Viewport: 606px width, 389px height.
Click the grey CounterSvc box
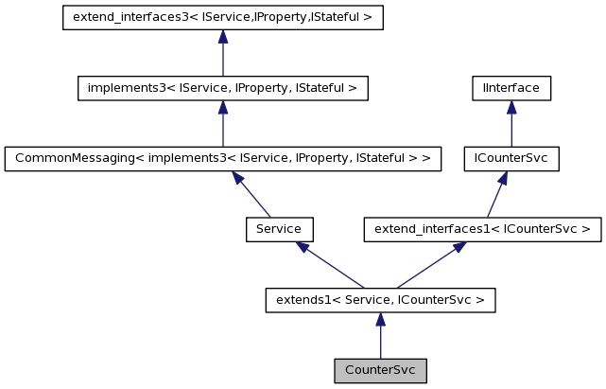[380, 370]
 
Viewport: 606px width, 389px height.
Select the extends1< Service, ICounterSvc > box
[380, 300]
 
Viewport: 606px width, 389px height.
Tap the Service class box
[279, 229]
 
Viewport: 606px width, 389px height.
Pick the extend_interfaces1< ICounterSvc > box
[483, 229]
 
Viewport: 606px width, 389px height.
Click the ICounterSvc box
[511, 159]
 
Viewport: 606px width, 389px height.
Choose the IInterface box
[511, 89]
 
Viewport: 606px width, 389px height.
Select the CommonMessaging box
[223, 159]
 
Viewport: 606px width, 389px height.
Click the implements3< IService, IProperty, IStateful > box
[222, 89]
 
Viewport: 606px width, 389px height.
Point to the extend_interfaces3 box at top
[222, 18]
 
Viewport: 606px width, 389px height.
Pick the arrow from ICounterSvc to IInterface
[511, 124]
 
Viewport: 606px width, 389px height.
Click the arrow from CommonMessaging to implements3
[222, 124]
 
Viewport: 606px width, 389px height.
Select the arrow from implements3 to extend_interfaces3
[222, 53]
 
